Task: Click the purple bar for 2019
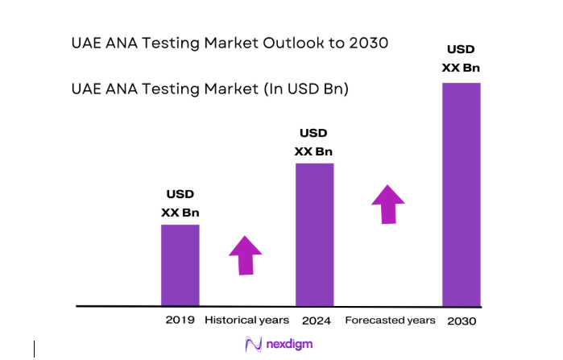point(180,265)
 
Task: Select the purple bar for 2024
point(314,234)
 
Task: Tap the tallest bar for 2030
point(462,194)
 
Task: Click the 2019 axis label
point(180,321)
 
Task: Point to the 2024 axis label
point(317,321)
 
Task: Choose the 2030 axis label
point(462,321)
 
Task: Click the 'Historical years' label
point(247,321)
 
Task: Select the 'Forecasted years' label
point(390,321)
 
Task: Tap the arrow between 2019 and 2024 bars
point(246,255)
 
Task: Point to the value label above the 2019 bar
point(180,203)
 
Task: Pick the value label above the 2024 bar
point(313,142)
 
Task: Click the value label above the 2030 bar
point(462,58)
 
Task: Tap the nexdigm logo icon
point(253,345)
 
